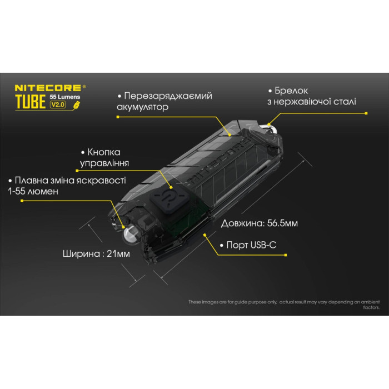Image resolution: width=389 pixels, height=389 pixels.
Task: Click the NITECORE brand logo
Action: [x=49, y=87]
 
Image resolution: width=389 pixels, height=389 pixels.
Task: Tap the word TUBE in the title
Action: [x=31, y=102]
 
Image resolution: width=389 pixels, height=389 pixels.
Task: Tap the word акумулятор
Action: [x=143, y=107]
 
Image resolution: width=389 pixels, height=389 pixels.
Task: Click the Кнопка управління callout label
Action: [x=104, y=157]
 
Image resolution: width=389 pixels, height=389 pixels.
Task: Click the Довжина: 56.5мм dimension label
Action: [x=259, y=224]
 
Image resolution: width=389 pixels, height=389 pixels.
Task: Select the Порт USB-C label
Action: [x=247, y=245]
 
